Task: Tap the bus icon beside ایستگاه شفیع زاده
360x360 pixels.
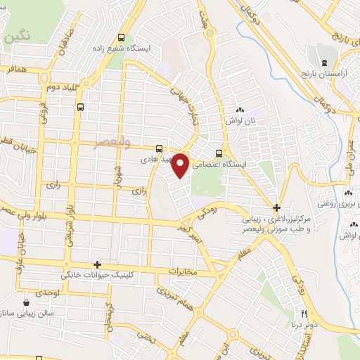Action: [122, 38]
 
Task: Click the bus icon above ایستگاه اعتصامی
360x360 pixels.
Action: [219, 153]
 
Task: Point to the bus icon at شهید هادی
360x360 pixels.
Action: [160, 149]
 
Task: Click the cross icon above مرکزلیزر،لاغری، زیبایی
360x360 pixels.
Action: [277, 208]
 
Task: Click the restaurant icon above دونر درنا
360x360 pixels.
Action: [304, 314]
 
